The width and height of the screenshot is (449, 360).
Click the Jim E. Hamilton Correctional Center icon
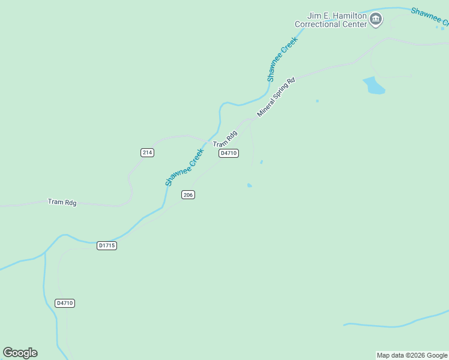376,19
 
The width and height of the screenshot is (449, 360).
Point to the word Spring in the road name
283,91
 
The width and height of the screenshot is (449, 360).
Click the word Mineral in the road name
267,107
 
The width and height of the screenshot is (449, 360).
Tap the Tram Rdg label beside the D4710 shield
225,140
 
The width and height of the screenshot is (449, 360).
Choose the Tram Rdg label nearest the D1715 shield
62,202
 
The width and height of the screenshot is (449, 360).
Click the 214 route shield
148,152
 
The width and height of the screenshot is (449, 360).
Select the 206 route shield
188,195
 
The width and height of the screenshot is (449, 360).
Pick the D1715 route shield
106,245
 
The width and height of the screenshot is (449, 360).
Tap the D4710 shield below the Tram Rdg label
229,153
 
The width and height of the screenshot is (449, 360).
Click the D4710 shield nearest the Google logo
64,303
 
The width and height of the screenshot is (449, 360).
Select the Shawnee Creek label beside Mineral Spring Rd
282,59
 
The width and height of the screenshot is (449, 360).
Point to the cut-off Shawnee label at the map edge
429,17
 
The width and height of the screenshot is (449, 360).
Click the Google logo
20,353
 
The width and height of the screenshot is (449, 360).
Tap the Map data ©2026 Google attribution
412,355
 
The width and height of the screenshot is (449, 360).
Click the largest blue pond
373,86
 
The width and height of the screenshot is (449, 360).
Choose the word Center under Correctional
354,25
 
